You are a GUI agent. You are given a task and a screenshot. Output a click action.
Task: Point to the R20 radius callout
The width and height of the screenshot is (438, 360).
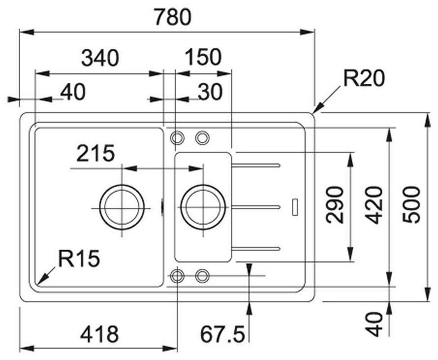tap(364, 79)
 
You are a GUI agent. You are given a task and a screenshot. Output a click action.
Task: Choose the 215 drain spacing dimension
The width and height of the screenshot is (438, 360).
tap(95, 154)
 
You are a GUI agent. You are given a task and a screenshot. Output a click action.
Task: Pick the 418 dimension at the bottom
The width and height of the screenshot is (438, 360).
tap(100, 334)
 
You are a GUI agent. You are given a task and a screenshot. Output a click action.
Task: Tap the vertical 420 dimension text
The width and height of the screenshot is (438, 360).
tap(374, 205)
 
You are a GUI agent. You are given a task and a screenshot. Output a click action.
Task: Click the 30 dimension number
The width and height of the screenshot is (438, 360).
tap(210, 92)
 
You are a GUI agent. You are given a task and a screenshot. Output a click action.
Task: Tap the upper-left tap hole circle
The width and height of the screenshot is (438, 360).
tap(176, 137)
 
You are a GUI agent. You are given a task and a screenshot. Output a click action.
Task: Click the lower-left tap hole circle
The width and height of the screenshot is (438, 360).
tap(176, 275)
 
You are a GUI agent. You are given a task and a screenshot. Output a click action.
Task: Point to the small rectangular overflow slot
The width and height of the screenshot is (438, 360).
tap(295, 206)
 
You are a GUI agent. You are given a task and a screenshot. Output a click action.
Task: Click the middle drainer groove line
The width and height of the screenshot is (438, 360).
tap(256, 207)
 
